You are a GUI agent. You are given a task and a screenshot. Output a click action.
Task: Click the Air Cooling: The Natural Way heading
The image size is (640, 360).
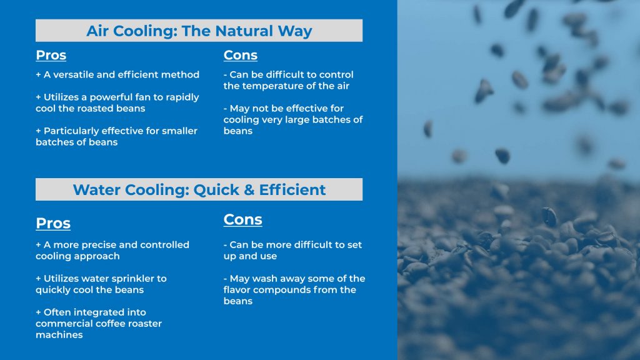pos(199,31)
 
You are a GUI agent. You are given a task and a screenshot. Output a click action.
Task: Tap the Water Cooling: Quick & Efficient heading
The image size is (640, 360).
pos(199,189)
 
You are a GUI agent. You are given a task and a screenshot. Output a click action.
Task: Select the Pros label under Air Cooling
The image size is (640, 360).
pos(51,55)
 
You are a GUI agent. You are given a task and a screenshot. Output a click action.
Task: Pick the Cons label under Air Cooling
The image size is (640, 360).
pos(241,55)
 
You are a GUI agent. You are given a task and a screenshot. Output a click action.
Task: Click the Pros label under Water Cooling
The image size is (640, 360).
pos(53,223)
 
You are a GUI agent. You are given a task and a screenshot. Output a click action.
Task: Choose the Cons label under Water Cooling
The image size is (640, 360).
pos(243,219)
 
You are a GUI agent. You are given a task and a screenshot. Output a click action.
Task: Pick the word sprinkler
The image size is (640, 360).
pos(143,278)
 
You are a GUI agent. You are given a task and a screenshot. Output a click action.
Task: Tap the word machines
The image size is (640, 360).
pos(59,334)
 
